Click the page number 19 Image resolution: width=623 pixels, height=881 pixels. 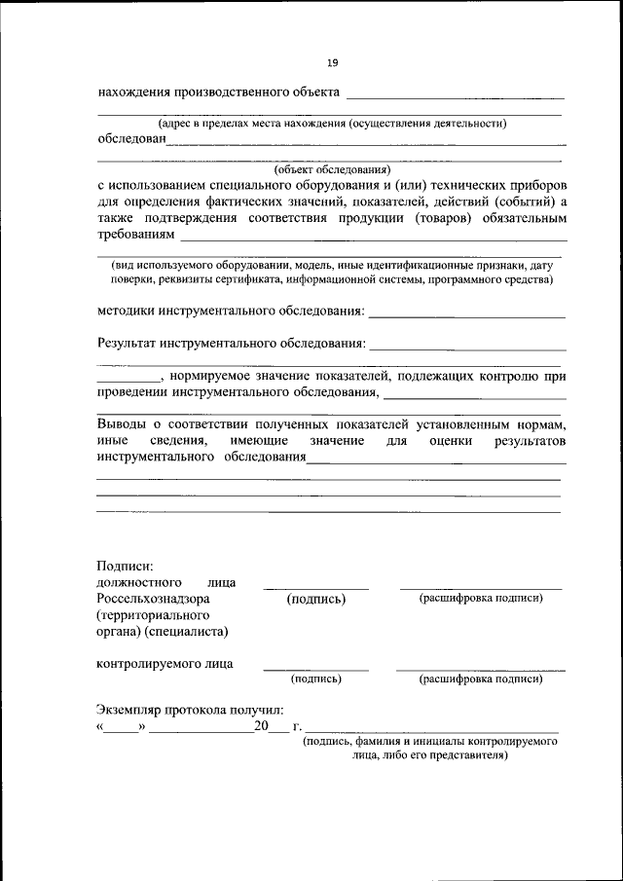pos(332,63)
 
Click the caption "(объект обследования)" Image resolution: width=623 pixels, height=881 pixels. pos(332,168)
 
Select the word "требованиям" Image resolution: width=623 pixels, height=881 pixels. pos(136,235)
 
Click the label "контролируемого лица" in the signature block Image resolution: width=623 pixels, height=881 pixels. pos(165,665)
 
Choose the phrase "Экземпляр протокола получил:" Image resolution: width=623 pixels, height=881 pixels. pos(190,711)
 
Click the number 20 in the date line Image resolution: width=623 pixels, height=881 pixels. pos(260,727)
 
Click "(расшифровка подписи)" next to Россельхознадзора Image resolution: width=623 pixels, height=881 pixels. pos(481,598)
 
